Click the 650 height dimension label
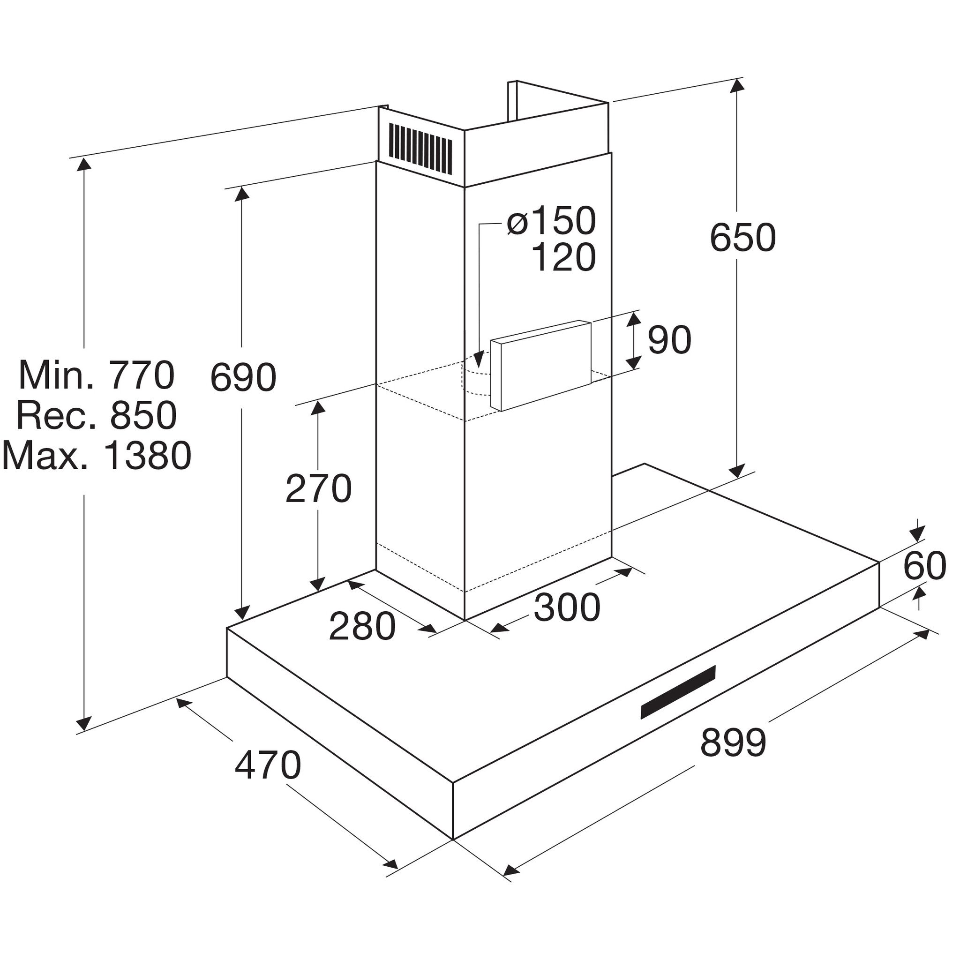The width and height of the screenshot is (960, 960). pyautogui.click(x=742, y=238)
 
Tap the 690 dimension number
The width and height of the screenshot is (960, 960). pyautogui.click(x=243, y=377)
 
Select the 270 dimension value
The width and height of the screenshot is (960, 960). pyautogui.click(x=318, y=489)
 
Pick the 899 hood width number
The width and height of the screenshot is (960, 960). pyautogui.click(x=733, y=742)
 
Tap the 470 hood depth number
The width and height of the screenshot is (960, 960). pyautogui.click(x=268, y=765)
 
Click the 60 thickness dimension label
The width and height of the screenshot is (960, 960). pyautogui.click(x=924, y=566)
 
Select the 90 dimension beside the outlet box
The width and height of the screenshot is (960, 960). pyautogui.click(x=669, y=340)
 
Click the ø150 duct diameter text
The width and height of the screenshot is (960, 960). pyautogui.click(x=551, y=220)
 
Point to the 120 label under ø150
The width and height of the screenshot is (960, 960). pyautogui.click(x=563, y=257)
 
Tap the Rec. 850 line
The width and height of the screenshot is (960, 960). pyautogui.click(x=97, y=415)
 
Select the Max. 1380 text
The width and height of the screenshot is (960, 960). pyautogui.click(x=97, y=455)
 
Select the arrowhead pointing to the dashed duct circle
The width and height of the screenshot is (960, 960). pyautogui.click(x=479, y=359)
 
